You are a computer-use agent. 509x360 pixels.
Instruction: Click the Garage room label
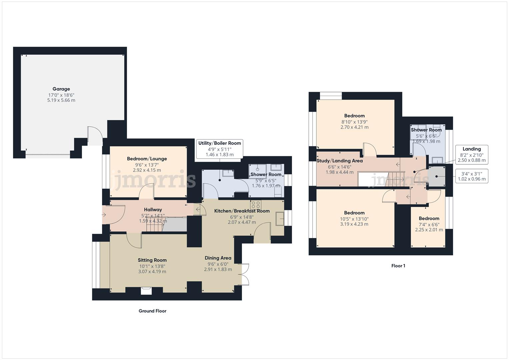pyautogui.click(x=61, y=89)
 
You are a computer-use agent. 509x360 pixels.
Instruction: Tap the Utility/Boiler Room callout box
pyautogui.click(x=219, y=149)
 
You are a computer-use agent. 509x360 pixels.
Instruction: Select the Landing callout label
pyautogui.click(x=471, y=149)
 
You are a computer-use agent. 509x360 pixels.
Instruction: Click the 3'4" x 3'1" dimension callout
pyautogui.click(x=471, y=176)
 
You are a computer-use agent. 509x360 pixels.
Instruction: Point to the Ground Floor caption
pyautogui.click(x=152, y=311)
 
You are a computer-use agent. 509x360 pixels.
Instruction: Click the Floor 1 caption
pyautogui.click(x=398, y=266)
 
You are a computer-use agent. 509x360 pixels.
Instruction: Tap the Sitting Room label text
pyautogui.click(x=152, y=260)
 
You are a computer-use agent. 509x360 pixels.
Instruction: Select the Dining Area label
pyautogui.click(x=218, y=258)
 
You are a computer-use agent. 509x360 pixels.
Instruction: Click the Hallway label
pyautogui.click(x=153, y=210)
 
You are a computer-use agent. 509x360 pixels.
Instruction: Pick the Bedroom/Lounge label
pyautogui.click(x=147, y=159)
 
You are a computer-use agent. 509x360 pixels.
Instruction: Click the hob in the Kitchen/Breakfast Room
pyautogui.click(x=256, y=204)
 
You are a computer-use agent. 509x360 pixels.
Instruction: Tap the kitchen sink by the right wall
pyautogui.click(x=279, y=219)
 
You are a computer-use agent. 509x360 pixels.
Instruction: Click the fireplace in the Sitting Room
pyautogui.click(x=146, y=291)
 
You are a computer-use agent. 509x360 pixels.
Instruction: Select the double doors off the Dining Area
pyautogui.click(x=245, y=274)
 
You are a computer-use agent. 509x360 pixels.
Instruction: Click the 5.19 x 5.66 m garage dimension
pyautogui.click(x=61, y=100)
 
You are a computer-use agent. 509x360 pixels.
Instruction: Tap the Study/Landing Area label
pyautogui.click(x=339, y=161)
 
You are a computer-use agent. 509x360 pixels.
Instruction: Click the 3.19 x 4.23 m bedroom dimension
pyautogui.click(x=354, y=224)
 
